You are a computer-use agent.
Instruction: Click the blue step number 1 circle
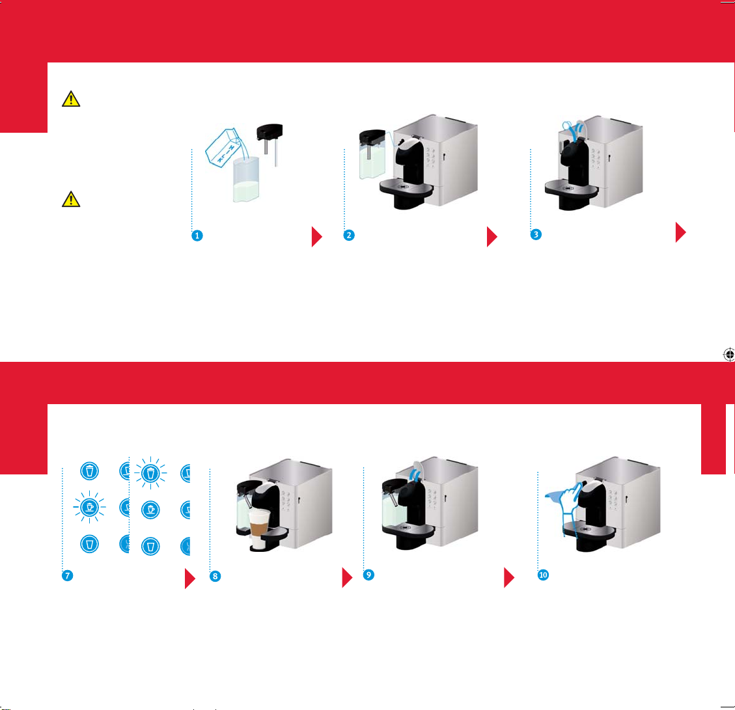tap(197, 236)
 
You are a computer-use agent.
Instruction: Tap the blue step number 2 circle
tap(349, 236)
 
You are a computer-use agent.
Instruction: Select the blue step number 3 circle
tap(536, 234)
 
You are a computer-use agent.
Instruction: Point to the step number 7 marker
tap(68, 575)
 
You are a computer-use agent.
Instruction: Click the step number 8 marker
tap(215, 576)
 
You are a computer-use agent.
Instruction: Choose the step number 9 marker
tap(369, 575)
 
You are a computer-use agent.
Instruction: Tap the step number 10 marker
tap(544, 575)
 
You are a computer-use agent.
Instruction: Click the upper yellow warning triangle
tap(71, 100)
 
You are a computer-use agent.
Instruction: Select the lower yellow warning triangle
tap(71, 200)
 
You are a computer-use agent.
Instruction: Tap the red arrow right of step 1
tap(317, 237)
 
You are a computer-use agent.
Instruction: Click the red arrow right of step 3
tap(680, 232)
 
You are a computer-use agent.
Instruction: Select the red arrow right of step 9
tap(509, 577)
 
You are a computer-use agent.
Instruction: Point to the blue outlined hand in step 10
tap(570, 502)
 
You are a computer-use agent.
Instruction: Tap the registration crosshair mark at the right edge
tap(729, 355)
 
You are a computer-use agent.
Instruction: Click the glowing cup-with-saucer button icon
tap(90, 507)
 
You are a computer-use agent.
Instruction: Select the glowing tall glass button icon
tap(150, 473)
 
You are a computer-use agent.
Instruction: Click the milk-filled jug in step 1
tap(246, 180)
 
